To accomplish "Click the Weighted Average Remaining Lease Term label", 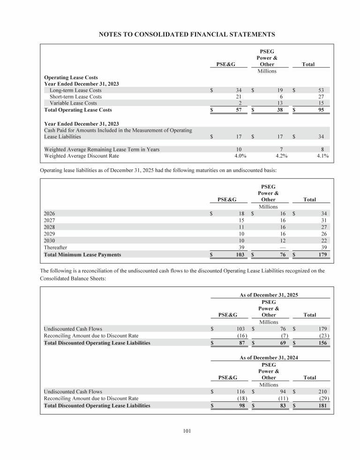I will point(101,150).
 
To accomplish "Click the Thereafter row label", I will point(55,248).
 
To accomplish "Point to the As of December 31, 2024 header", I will point(269,357).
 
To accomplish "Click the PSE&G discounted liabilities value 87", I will point(242,343).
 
